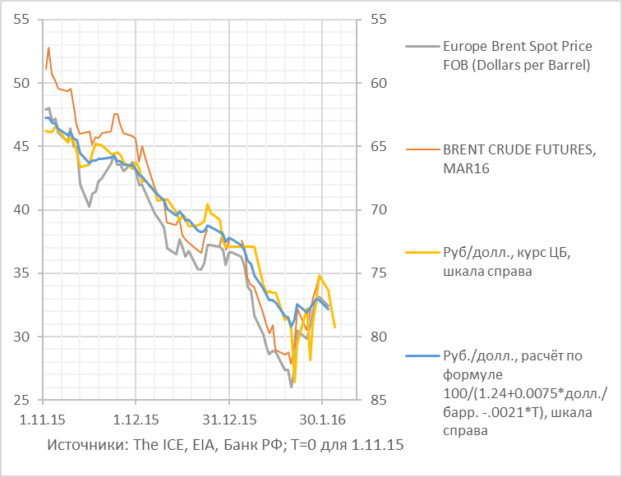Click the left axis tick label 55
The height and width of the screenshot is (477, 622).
click(21, 20)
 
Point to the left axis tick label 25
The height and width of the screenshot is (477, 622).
click(21, 400)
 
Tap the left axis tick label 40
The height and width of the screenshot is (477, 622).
click(21, 210)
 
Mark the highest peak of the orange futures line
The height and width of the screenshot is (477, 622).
click(48, 48)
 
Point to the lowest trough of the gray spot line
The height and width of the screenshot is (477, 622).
click(291, 387)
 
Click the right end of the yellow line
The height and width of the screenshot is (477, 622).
click(334, 327)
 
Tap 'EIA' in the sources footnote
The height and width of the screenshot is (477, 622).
click(200, 444)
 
